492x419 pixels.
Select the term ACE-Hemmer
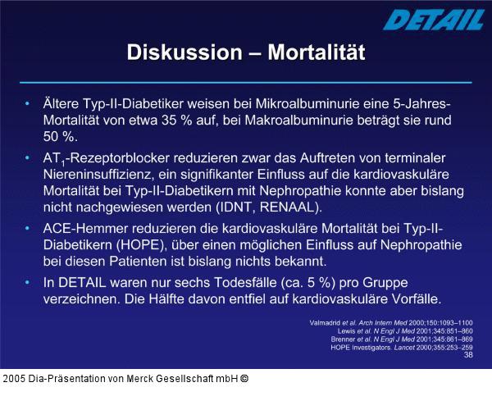pyautogui.click(x=84, y=227)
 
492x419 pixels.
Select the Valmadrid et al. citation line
pyautogui.click(x=390, y=322)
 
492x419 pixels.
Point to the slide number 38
pyautogui.click(x=468, y=355)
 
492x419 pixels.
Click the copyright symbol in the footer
pyautogui.click(x=244, y=379)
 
